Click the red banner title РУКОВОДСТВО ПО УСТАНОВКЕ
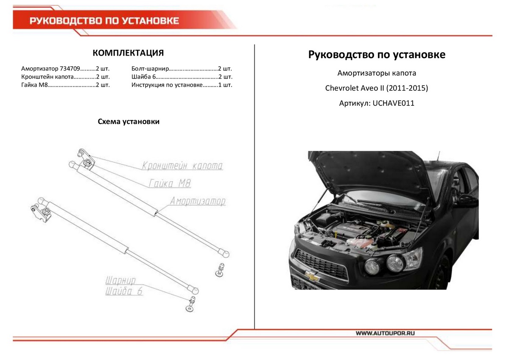coord(104,21)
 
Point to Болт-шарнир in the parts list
coord(151,68)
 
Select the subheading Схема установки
coord(129,122)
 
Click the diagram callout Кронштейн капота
coord(182,165)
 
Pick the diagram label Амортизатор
coord(198,201)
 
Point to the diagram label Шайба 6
coord(123,291)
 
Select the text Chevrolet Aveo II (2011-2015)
coord(377,88)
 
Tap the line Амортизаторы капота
coord(377,73)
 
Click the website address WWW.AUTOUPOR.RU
coord(384,333)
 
